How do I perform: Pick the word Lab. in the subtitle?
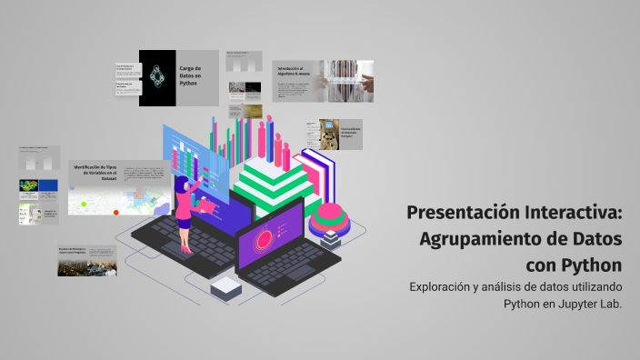click(x=610, y=305)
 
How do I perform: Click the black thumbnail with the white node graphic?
click(x=157, y=77)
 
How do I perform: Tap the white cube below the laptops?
click(x=224, y=288)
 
